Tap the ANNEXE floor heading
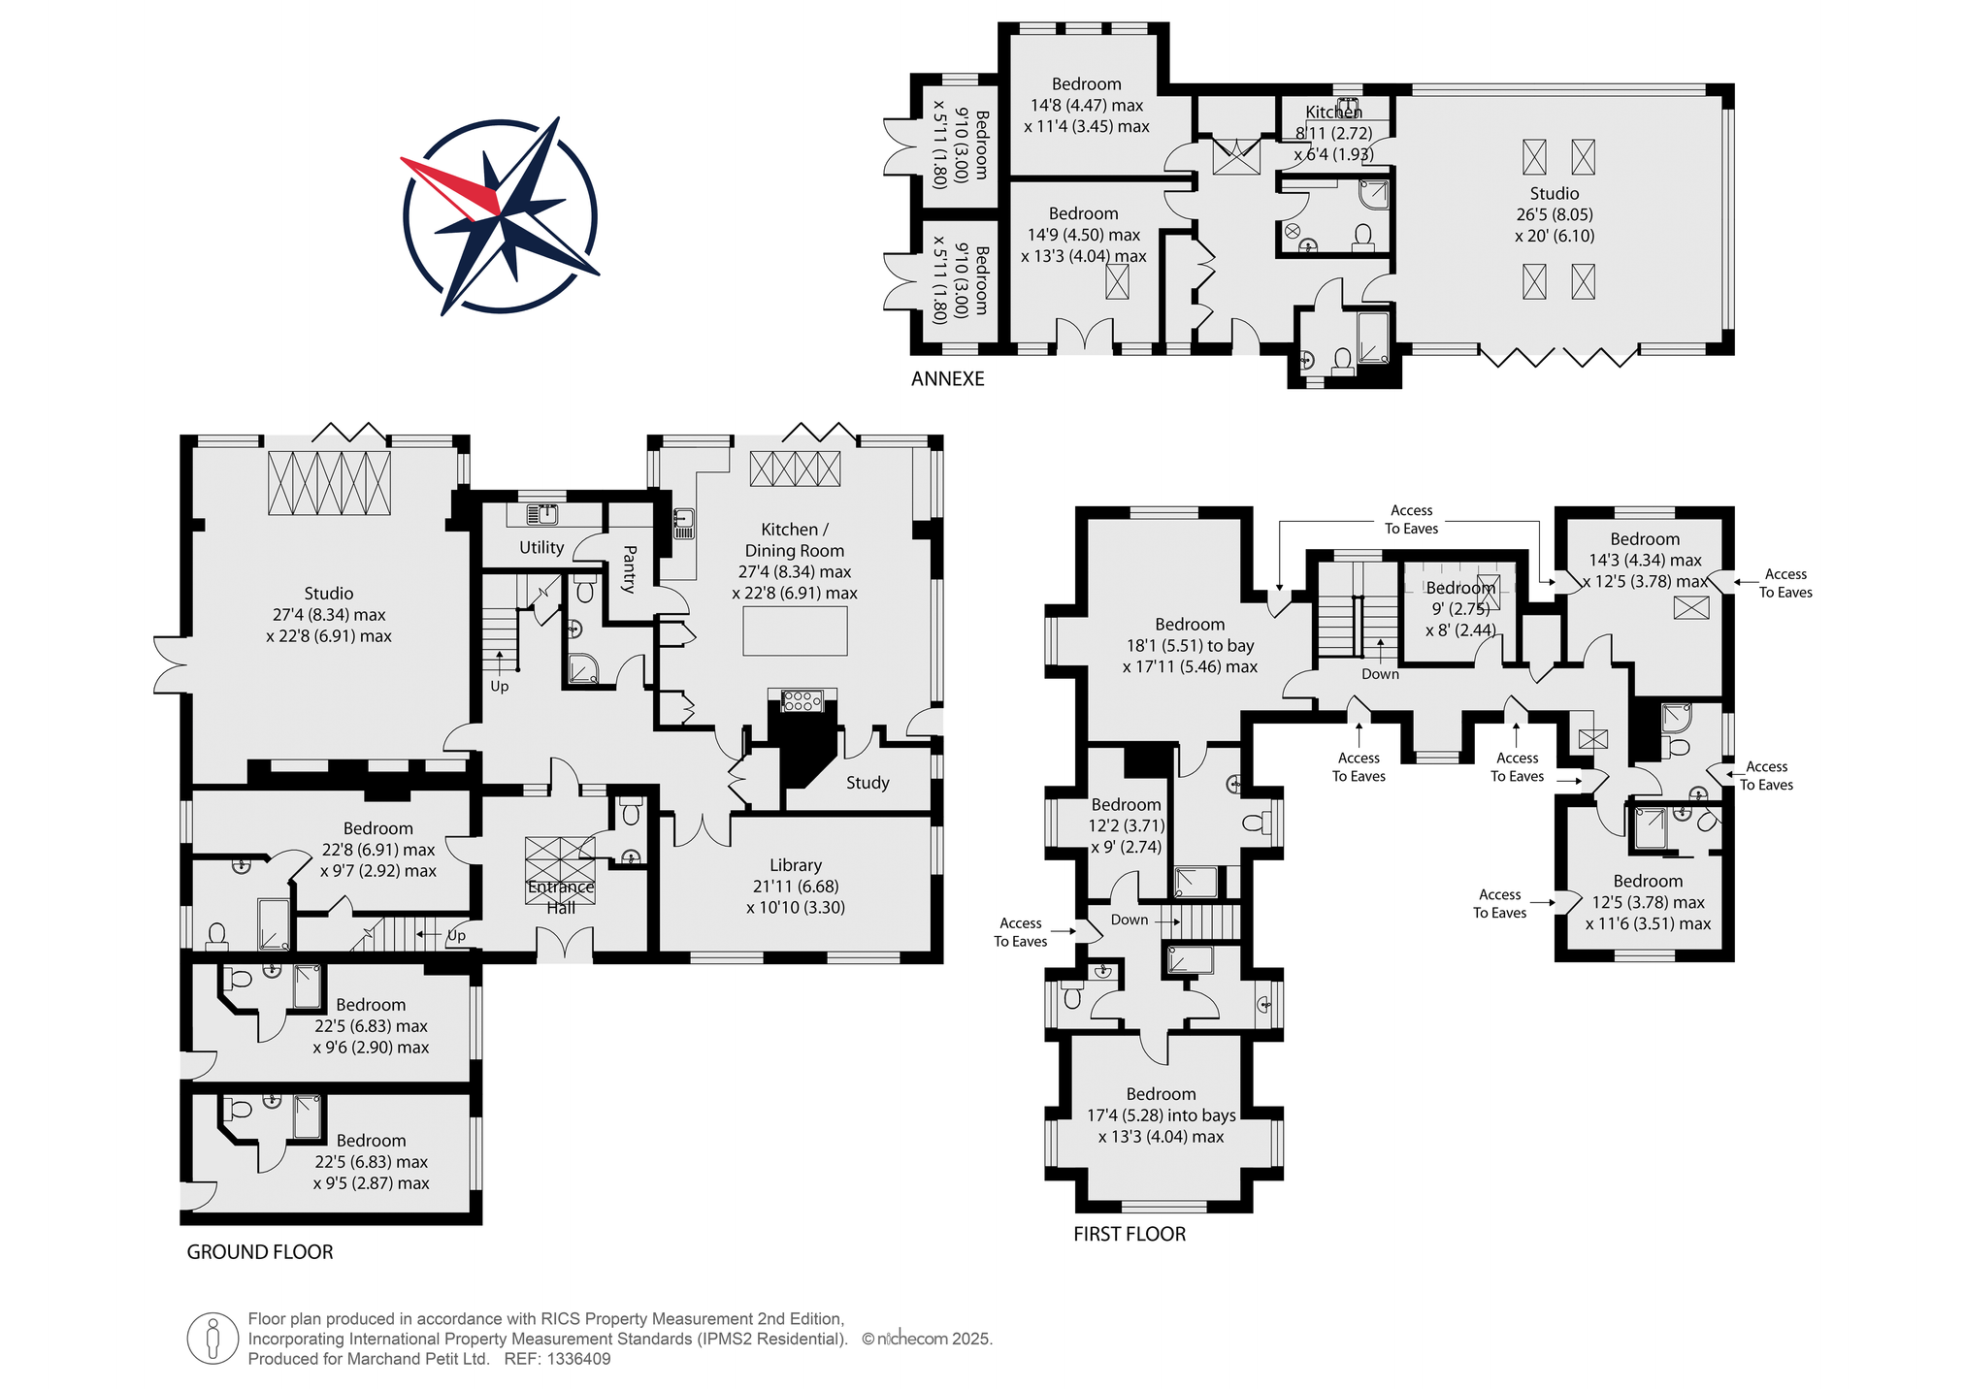coord(947,379)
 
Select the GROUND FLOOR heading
coord(260,1252)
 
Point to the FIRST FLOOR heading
coord(1130,1234)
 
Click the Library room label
coord(796,865)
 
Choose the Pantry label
coord(629,569)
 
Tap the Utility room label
coord(541,548)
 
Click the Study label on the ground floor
coord(868,783)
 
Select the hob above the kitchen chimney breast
coord(802,700)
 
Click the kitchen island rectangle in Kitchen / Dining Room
coord(796,631)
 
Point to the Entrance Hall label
coord(561,897)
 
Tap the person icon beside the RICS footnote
coord(213,1339)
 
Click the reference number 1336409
coord(579,1359)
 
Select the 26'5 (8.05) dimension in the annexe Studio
coord(1555,214)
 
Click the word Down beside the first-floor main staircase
coord(1380,674)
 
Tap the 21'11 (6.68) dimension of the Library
coord(796,887)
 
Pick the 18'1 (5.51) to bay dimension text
coord(1191,646)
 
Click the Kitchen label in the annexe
coord(1333,113)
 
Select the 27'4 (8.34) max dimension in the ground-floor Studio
coord(329,615)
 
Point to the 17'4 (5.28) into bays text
coord(1162,1115)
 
